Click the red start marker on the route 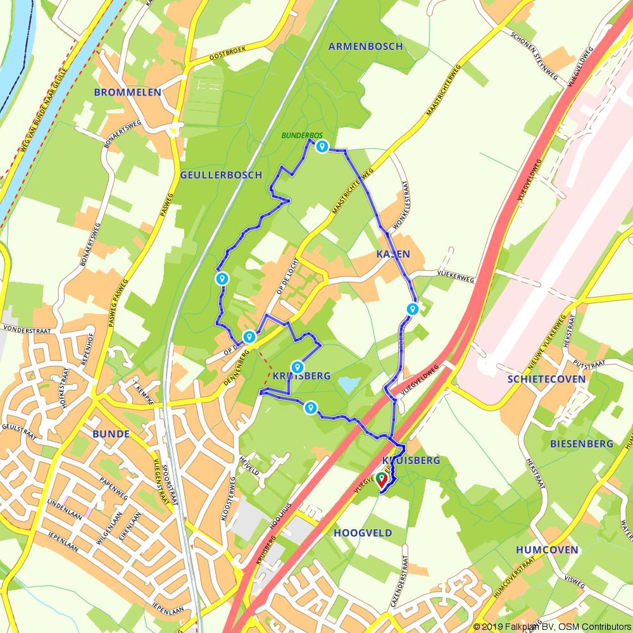pyautogui.click(x=382, y=479)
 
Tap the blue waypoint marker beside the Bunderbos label pyautogui.click(x=322, y=147)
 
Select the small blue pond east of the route pyautogui.click(x=349, y=384)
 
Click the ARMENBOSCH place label pyautogui.click(x=365, y=46)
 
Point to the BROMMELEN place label pyautogui.click(x=127, y=92)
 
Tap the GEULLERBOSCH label pyautogui.click(x=221, y=175)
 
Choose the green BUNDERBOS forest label pyautogui.click(x=303, y=135)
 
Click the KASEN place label pyautogui.click(x=392, y=254)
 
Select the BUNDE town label pyautogui.click(x=111, y=434)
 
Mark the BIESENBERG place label pyautogui.click(x=582, y=444)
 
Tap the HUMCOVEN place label pyautogui.click(x=547, y=549)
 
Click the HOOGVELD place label pyautogui.click(x=362, y=533)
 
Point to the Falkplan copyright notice pyautogui.click(x=551, y=626)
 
